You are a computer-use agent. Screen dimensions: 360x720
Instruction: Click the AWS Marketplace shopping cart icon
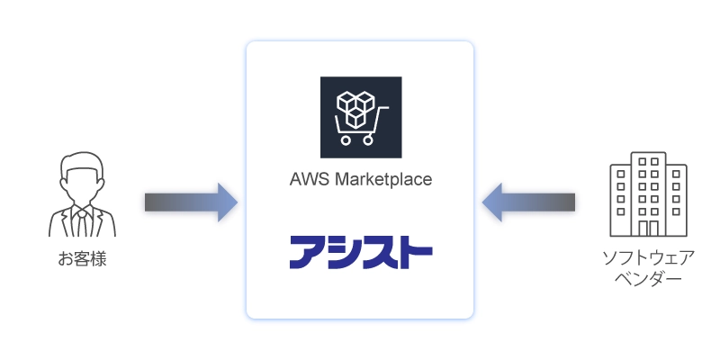(x=360, y=117)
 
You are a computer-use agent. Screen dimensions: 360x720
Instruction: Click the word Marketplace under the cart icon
(x=382, y=178)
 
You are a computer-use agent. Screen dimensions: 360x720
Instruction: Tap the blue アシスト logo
(x=360, y=252)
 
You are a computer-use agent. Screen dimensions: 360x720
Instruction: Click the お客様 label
(x=82, y=260)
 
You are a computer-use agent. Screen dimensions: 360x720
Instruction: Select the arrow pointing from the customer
(x=190, y=202)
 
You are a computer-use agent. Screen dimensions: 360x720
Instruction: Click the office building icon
(x=647, y=194)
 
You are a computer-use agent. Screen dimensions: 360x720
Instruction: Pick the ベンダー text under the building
(x=648, y=279)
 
